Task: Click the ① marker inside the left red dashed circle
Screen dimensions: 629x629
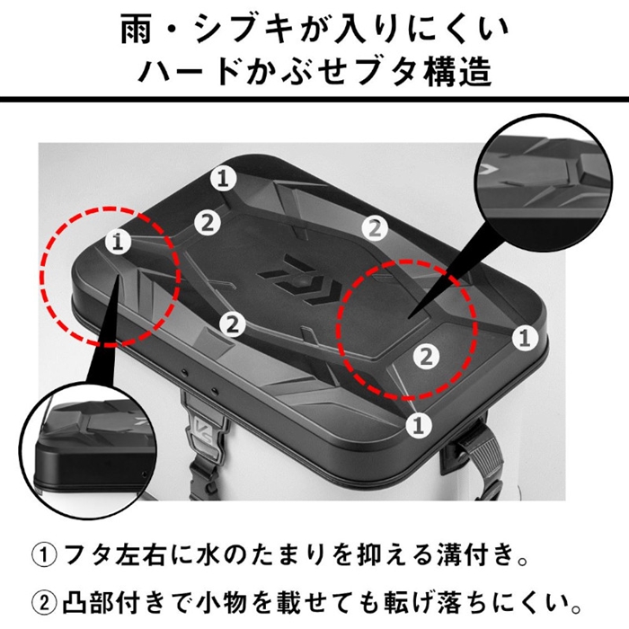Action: [x=118, y=242]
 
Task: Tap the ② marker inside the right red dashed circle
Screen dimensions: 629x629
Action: [x=427, y=356]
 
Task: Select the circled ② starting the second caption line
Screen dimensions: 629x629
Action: [x=44, y=603]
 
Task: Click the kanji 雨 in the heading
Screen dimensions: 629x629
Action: [x=137, y=31]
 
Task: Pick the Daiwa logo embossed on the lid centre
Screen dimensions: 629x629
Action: [x=300, y=283]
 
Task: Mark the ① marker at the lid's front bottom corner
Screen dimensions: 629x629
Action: [x=419, y=425]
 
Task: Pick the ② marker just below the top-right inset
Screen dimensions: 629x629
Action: [x=375, y=228]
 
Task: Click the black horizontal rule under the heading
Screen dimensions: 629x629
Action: [x=314, y=99]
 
